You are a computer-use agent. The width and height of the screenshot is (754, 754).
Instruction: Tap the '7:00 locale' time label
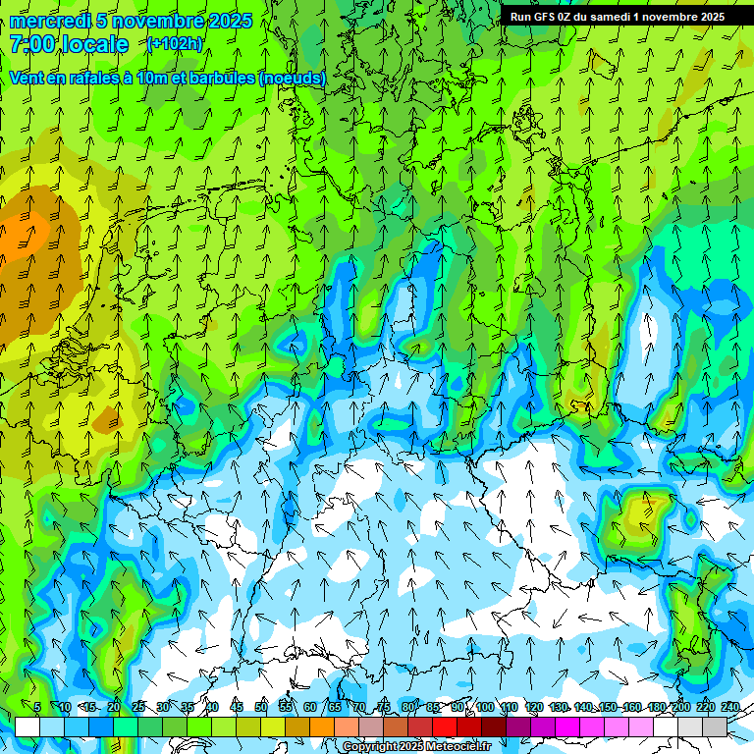[69, 44]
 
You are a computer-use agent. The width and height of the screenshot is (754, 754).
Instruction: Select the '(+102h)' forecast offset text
[175, 44]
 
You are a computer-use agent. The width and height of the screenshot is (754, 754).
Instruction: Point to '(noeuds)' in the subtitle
[292, 78]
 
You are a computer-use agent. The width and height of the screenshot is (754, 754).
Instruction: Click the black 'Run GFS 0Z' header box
[617, 16]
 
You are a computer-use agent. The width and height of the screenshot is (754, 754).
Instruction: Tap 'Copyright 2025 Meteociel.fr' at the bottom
[416, 747]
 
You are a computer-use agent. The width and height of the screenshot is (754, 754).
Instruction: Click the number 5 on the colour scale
[37, 707]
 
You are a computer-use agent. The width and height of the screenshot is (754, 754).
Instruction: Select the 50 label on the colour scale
[260, 707]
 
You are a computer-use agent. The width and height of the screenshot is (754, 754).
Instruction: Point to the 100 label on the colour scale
[485, 707]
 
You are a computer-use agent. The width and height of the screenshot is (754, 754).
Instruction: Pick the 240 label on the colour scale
[730, 707]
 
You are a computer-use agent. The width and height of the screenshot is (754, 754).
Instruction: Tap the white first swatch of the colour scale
[27, 727]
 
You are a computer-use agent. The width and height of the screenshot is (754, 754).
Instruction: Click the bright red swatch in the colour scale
[445, 727]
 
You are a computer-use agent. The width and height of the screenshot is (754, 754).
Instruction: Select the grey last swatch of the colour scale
[715, 727]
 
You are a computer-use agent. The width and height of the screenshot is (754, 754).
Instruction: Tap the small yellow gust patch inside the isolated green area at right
[643, 511]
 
